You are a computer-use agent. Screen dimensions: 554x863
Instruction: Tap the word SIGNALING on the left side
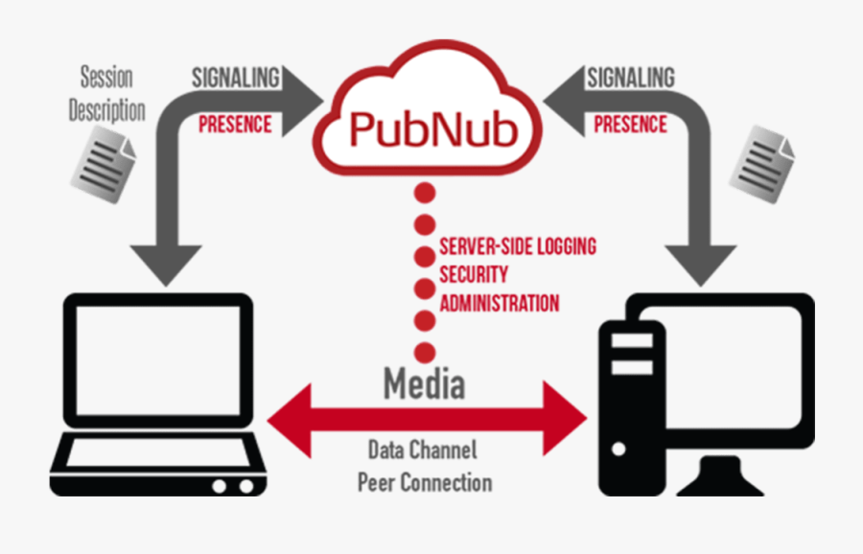click(235, 77)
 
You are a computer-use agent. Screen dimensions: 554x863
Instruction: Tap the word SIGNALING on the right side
click(630, 77)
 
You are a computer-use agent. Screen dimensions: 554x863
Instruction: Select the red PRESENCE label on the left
click(235, 125)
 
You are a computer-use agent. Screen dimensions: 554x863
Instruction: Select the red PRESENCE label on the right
click(630, 125)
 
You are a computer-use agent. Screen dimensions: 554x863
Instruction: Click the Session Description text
click(105, 93)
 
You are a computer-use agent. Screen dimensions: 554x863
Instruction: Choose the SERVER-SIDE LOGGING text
click(518, 246)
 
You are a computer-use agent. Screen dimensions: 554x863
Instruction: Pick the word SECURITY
click(474, 275)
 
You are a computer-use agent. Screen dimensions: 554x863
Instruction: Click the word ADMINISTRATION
click(499, 304)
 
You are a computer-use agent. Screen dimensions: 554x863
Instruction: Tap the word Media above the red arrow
click(425, 383)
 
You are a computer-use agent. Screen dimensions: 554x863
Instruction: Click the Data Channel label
click(422, 450)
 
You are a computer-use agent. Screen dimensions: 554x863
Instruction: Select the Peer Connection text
click(425, 482)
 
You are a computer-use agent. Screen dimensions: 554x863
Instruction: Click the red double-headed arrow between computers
click(427, 419)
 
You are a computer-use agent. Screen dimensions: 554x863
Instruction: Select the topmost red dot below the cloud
click(425, 193)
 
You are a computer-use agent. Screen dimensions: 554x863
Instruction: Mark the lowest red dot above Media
click(425, 352)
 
